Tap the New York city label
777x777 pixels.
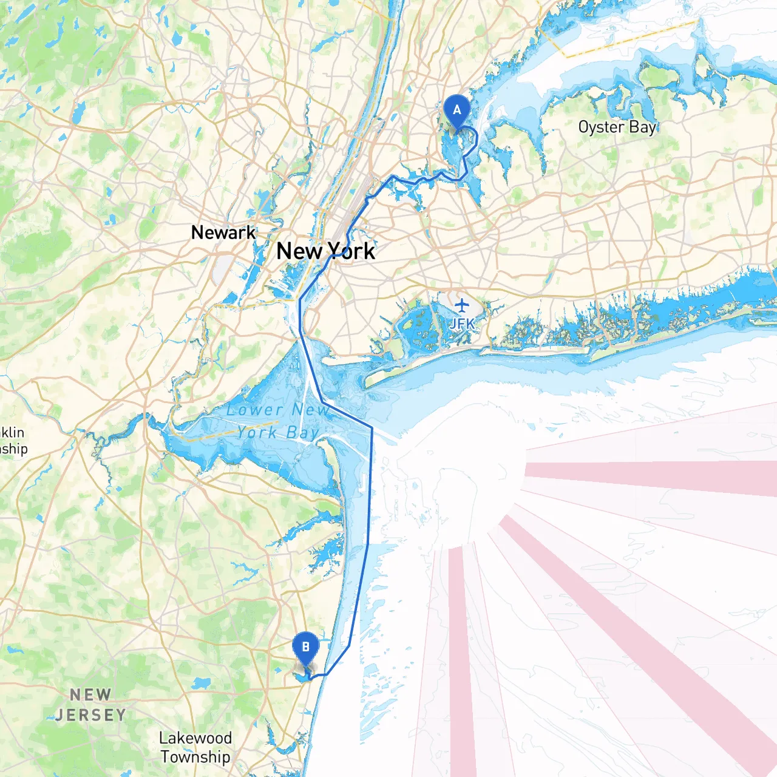coord(325,251)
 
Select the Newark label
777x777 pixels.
coord(223,232)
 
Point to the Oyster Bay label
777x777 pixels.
coord(617,127)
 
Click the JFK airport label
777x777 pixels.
coord(461,324)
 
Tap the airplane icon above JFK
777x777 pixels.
coord(462,304)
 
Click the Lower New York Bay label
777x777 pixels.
coord(279,421)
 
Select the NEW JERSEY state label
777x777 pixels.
coord(90,705)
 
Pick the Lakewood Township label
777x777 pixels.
coord(195,747)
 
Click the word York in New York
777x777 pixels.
coord(351,251)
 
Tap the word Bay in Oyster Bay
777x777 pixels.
coord(643,127)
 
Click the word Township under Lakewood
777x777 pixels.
coord(195,757)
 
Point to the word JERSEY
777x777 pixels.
coord(90,715)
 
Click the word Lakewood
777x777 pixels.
coord(195,738)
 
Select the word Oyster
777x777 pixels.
coord(601,127)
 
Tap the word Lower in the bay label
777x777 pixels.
coord(255,410)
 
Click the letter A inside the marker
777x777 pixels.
coord(456,110)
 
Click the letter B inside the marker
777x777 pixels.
coord(305,647)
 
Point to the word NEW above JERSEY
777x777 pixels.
coord(90,694)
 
